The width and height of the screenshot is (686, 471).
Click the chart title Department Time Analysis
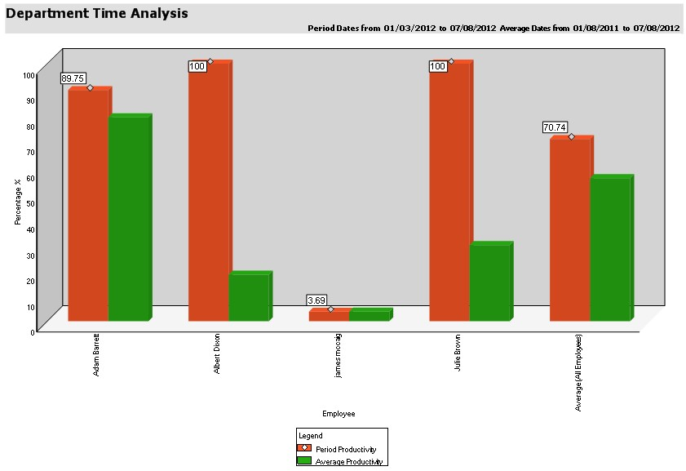point(97,14)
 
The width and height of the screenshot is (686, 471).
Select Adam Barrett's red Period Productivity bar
point(88,204)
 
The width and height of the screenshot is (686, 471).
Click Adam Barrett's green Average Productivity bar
point(128,218)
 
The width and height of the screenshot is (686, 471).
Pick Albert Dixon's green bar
point(249,297)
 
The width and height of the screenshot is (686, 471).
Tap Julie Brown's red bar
point(449,192)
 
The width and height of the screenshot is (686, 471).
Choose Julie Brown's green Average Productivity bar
point(489,282)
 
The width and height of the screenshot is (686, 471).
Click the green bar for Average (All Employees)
point(610,249)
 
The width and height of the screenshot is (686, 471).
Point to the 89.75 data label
point(73,78)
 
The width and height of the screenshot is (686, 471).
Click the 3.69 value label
point(316,300)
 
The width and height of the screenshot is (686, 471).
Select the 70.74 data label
point(555,127)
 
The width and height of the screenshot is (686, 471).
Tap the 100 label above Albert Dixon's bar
point(197,66)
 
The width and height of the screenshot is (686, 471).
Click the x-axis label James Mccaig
point(339,355)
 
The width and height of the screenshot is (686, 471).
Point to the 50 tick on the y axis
point(29,203)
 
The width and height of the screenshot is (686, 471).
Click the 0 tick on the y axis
point(32,331)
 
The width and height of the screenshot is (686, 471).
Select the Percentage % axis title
point(18,202)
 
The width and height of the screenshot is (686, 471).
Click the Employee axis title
point(339,414)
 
